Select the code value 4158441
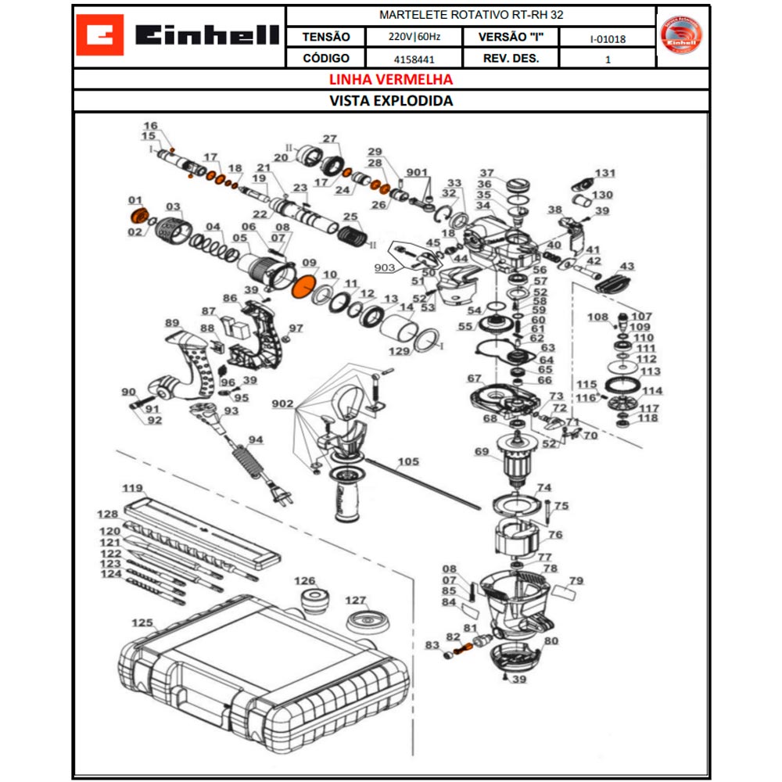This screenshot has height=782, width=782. coord(414,59)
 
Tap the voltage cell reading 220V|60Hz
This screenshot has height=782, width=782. coord(414,37)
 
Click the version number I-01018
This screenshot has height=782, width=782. coord(608,38)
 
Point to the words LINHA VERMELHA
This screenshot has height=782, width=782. coord(390,80)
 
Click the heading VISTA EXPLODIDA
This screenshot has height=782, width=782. coord(390,101)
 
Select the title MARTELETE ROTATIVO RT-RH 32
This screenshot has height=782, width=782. coord(471,15)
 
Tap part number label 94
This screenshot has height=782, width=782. coord(256,439)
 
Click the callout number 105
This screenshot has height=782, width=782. coord(407,461)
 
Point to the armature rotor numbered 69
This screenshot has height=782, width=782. coord(517,461)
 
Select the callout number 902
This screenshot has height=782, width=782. coord(282,404)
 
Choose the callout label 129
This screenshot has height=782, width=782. coord(399,352)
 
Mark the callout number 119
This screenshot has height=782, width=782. coord(132,488)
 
